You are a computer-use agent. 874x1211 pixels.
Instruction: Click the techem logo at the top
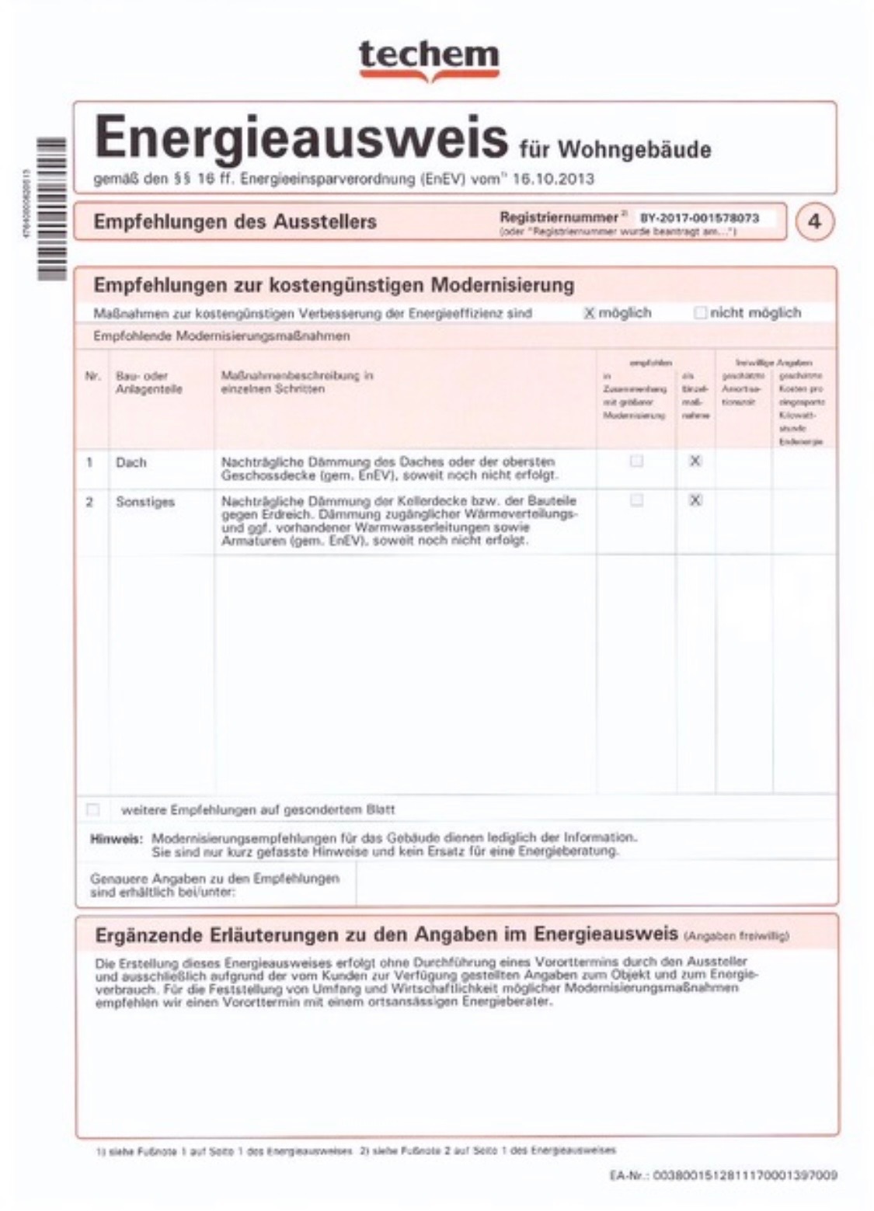click(428, 58)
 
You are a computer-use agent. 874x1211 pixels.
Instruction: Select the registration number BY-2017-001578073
click(698, 218)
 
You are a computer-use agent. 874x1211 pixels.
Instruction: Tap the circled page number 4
click(813, 221)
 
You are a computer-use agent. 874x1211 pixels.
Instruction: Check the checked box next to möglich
click(589, 313)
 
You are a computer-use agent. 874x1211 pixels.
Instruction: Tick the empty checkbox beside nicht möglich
click(700, 313)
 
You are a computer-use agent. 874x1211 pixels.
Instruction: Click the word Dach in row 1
click(131, 463)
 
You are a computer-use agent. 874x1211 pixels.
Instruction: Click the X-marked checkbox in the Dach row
click(695, 461)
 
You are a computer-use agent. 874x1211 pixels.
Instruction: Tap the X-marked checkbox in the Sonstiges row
click(695, 500)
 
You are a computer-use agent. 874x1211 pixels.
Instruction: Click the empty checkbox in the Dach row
click(636, 461)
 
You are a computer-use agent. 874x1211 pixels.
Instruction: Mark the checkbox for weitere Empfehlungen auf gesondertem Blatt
click(93, 809)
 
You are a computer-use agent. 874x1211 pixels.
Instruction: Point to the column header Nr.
click(92, 376)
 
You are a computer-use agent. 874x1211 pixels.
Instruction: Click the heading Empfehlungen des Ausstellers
click(235, 221)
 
